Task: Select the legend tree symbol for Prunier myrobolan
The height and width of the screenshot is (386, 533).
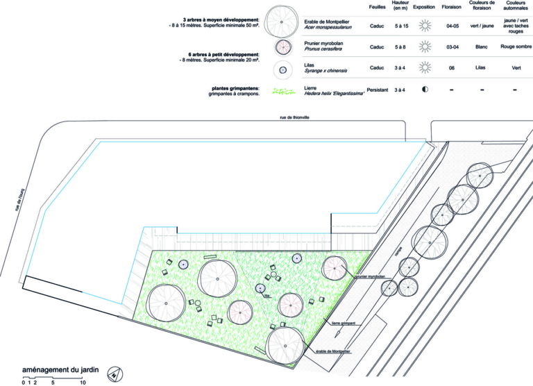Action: click(x=282, y=47)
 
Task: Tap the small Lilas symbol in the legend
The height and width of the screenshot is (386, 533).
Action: click(x=282, y=68)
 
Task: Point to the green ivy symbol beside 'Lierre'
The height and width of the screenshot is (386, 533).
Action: click(x=282, y=90)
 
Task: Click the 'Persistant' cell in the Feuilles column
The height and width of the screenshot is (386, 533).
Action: click(x=377, y=90)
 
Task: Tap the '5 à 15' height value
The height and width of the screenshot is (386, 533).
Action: click(x=400, y=26)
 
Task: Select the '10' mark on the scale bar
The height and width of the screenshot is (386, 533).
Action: click(x=82, y=383)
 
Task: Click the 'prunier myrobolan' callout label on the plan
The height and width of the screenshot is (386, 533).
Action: click(x=367, y=276)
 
